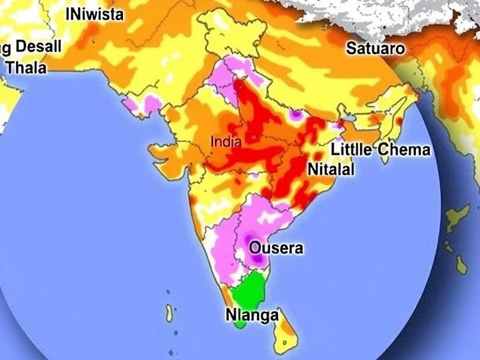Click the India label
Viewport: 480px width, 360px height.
226,143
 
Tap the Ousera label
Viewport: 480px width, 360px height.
276,248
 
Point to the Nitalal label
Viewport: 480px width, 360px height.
331,170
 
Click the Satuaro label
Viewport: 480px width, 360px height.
376,49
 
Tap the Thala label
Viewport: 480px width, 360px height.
26,68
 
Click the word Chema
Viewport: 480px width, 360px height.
404,149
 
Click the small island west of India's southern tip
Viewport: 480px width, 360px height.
170,313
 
